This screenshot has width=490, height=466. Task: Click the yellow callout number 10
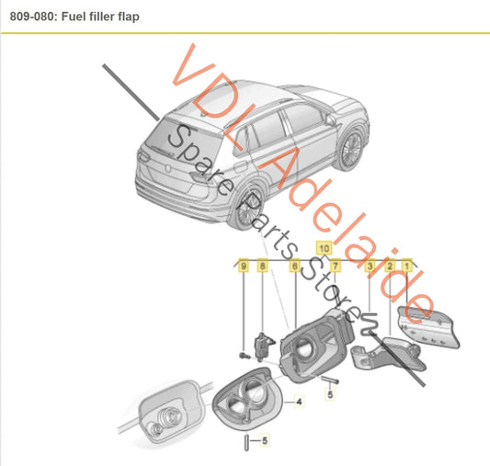[324, 248]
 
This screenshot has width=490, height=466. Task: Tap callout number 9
[244, 267]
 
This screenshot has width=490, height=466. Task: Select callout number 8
[263, 267]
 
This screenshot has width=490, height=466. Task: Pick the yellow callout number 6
[294, 267]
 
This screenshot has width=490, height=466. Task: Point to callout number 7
[335, 267]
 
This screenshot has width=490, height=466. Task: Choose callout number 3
[370, 267]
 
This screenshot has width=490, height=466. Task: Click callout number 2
[390, 267]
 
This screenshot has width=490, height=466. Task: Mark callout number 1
[406, 267]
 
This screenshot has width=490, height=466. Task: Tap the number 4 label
[299, 402]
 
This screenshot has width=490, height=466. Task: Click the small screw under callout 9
[245, 356]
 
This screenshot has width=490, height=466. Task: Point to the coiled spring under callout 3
[369, 324]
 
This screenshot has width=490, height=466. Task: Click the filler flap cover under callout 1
[428, 327]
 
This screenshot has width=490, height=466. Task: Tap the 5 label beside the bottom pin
[265, 440]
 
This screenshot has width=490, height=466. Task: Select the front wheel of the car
[350, 148]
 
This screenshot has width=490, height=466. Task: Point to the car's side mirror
[330, 119]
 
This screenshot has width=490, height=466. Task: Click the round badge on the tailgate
[168, 168]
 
